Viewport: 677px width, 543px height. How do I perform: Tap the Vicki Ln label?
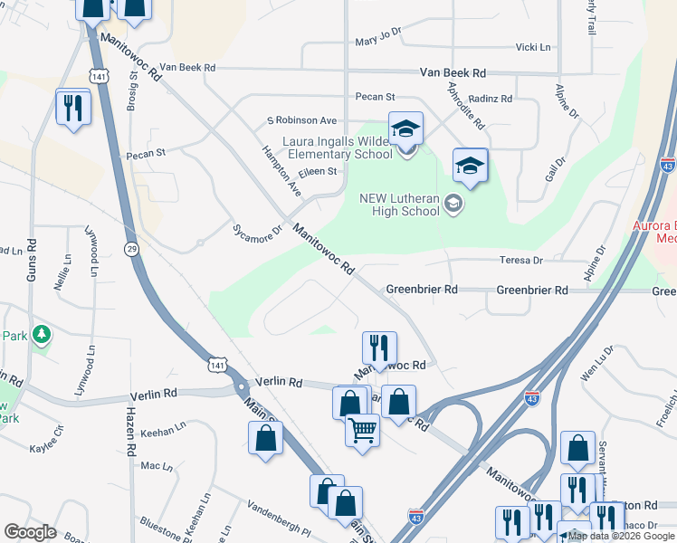coord(532,47)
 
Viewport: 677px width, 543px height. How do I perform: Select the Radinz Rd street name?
coord(491,99)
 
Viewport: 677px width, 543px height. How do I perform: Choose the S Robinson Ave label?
coord(300,120)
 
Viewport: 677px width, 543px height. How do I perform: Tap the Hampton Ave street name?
coord(281,171)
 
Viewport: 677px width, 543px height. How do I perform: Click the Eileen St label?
coord(318,171)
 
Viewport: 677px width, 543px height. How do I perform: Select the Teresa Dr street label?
coord(520,261)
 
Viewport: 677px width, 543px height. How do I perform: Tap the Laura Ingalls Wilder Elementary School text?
coord(338,148)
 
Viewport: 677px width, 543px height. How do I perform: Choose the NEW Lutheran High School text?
coord(399,205)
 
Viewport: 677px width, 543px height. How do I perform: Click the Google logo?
coord(30,532)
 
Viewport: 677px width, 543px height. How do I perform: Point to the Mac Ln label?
coord(157,466)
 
